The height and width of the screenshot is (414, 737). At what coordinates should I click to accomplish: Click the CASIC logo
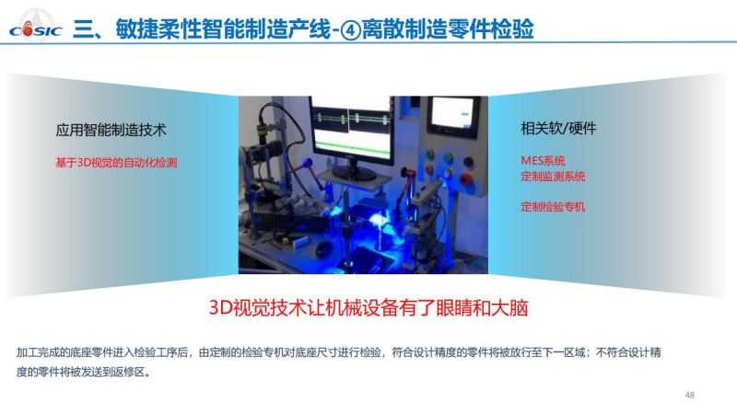click(x=36, y=29)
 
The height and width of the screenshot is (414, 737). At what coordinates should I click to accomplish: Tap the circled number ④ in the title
click(x=350, y=30)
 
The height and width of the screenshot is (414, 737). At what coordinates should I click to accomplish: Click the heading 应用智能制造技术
click(x=111, y=130)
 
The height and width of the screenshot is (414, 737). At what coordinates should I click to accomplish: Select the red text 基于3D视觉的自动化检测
click(x=116, y=163)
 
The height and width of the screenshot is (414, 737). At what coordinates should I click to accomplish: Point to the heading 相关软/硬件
click(x=558, y=128)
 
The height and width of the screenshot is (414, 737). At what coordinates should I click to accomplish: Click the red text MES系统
click(x=543, y=160)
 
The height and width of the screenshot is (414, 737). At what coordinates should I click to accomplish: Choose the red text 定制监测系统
click(x=553, y=177)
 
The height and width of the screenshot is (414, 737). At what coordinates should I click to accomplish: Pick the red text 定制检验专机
click(x=553, y=206)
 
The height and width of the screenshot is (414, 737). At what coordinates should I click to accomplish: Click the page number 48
click(x=689, y=395)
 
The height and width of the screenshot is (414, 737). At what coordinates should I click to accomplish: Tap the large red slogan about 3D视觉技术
click(x=368, y=308)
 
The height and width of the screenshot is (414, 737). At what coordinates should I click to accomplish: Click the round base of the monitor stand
click(x=354, y=175)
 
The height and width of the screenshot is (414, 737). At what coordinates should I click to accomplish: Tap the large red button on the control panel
click(x=465, y=179)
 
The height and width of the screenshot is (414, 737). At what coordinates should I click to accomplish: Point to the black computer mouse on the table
click(x=323, y=247)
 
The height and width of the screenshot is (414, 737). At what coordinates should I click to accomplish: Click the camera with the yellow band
click(x=262, y=128)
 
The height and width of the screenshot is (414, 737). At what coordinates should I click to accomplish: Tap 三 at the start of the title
click(x=83, y=29)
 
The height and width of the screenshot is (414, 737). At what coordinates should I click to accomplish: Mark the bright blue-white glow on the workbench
click(x=379, y=220)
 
